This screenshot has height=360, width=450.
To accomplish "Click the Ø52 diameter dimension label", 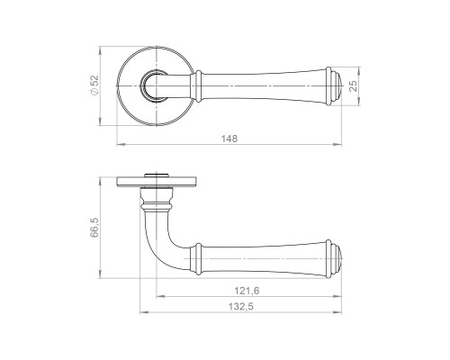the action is [94, 85].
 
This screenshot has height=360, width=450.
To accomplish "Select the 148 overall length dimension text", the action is [229, 139].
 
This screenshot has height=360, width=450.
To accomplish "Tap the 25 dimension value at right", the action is [354, 85].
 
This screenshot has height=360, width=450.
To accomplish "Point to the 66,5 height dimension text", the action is [94, 228].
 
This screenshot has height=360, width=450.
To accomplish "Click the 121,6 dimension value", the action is [247, 291].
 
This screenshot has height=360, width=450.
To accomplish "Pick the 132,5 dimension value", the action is [241, 307].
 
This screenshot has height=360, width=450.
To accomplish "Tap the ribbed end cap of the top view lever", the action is [334, 86].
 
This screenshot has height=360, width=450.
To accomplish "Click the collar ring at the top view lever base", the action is [198, 86].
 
